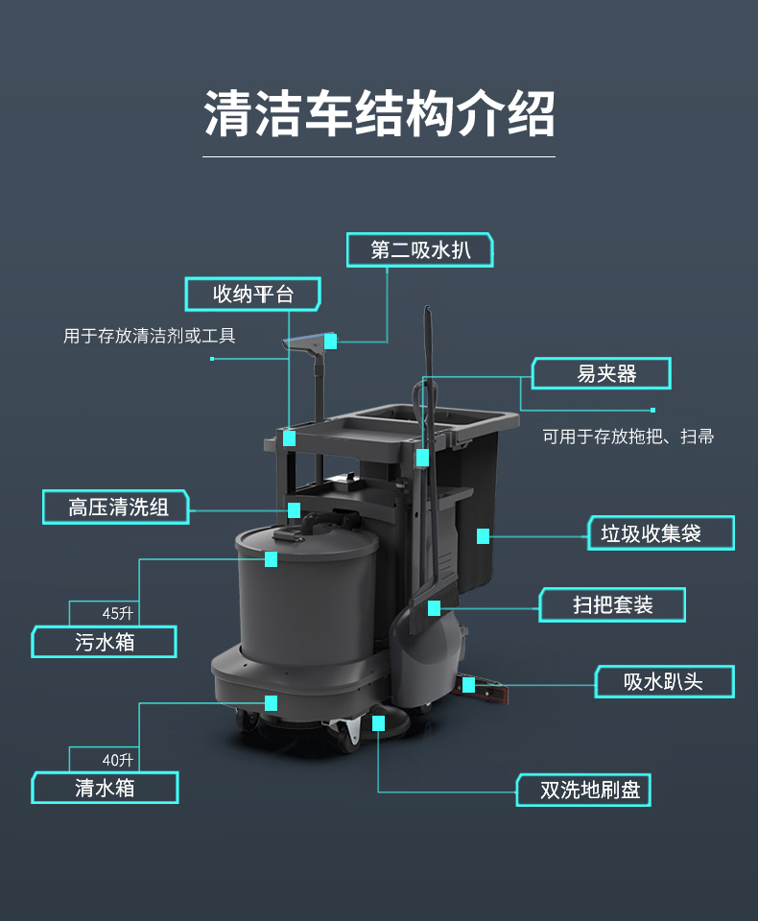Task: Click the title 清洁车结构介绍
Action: [379, 113]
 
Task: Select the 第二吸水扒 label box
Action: [419, 250]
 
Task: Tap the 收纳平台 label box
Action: [252, 294]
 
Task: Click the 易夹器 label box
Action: [601, 373]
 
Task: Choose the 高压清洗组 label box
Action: [116, 507]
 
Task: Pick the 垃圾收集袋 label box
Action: [661, 533]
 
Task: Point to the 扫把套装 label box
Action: [612, 605]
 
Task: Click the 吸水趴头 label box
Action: [665, 682]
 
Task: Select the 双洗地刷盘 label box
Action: [583, 790]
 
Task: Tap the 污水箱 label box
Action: [104, 642]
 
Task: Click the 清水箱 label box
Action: [105, 788]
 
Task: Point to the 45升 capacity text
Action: [117, 613]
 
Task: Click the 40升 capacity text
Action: [117, 760]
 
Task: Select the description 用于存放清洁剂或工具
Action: [150, 336]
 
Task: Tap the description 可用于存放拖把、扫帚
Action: [628, 437]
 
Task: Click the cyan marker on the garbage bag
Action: [483, 535]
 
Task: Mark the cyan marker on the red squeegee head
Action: [469, 685]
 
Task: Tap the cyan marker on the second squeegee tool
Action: [331, 341]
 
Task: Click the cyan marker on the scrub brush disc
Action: [378, 723]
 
